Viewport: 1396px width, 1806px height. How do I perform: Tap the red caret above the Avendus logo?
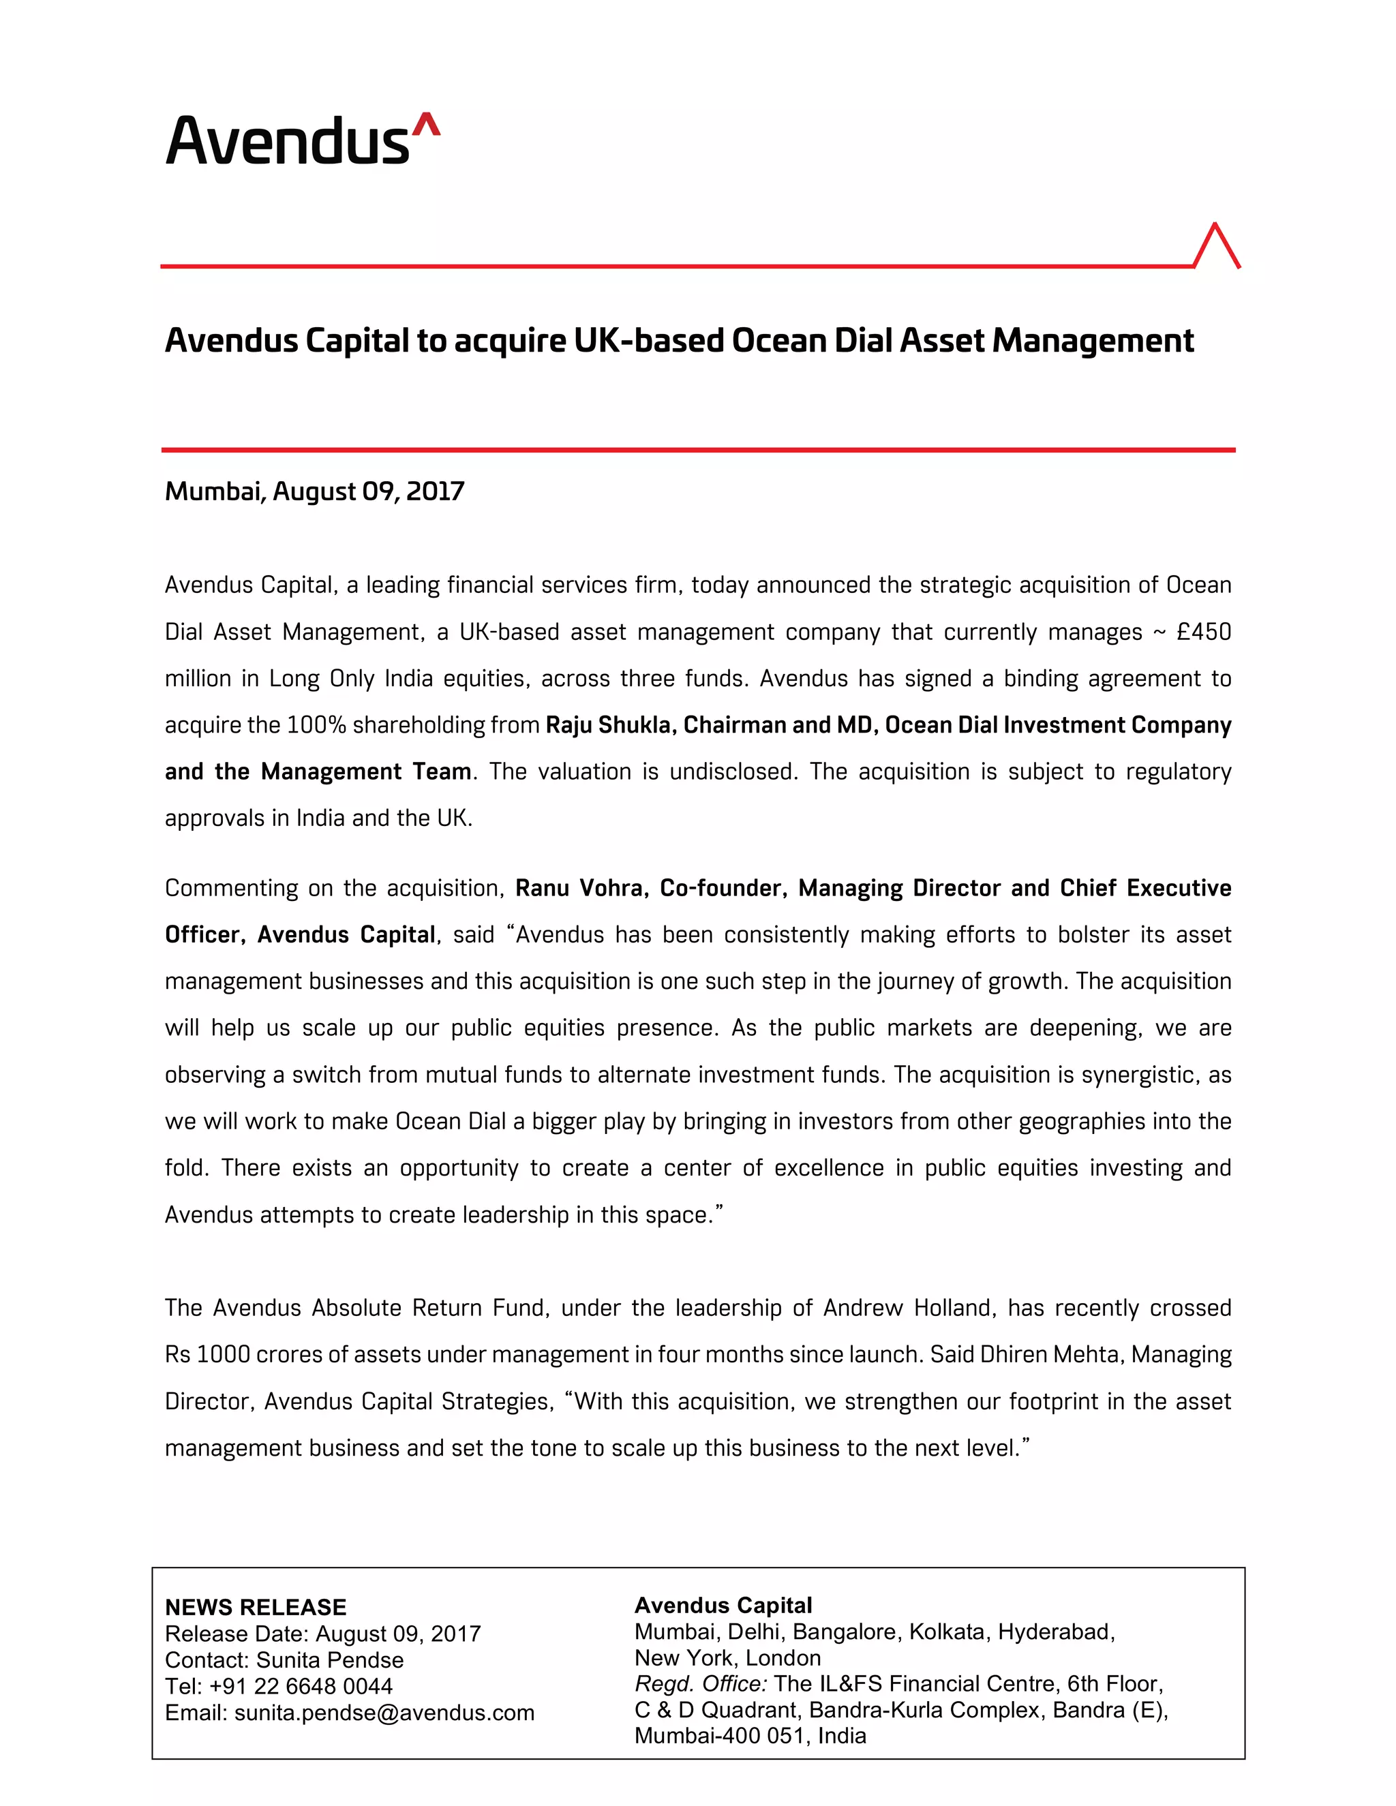426,124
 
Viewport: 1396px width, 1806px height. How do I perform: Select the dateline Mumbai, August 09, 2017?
314,491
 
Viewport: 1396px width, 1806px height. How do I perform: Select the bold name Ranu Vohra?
578,888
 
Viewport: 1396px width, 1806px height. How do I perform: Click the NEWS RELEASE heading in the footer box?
256,1608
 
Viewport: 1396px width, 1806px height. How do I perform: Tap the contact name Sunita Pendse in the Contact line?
330,1659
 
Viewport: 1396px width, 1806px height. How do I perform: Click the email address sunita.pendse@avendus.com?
384,1713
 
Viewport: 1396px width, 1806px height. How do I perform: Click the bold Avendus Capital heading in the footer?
723,1606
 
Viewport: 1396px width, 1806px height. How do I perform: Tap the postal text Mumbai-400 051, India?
750,1736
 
